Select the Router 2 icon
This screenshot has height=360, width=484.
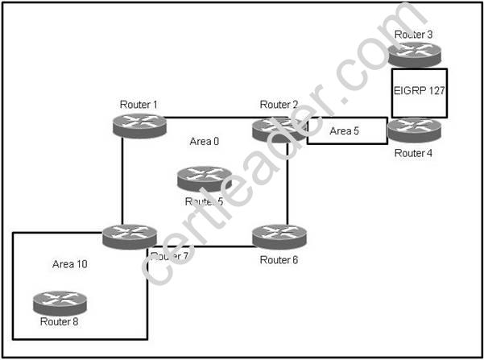coord(278,126)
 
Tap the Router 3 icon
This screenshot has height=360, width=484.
coord(414,52)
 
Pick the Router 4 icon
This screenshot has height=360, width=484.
coord(414,129)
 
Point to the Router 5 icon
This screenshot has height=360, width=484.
coord(205,179)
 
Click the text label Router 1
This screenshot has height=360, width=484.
coord(139,105)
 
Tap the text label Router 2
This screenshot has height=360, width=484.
coord(279,105)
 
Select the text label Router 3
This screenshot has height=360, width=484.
coord(414,35)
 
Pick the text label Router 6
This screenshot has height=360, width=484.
coord(279,259)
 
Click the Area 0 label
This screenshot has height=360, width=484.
coord(205,142)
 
